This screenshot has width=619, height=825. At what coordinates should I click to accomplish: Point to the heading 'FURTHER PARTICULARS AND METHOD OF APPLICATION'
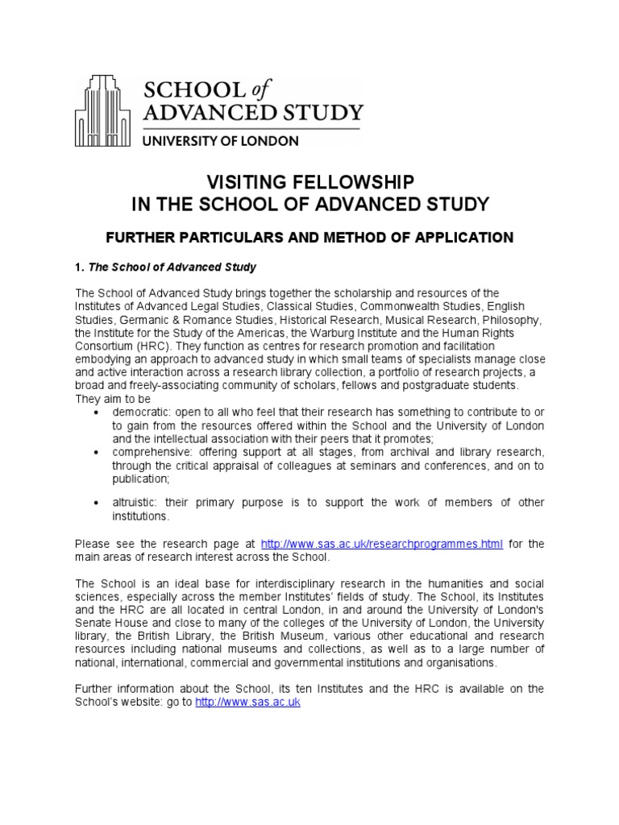[x=310, y=237]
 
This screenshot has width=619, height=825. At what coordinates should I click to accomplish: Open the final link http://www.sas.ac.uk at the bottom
[x=247, y=702]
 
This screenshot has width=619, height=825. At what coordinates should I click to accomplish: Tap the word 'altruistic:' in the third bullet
[x=140, y=503]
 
